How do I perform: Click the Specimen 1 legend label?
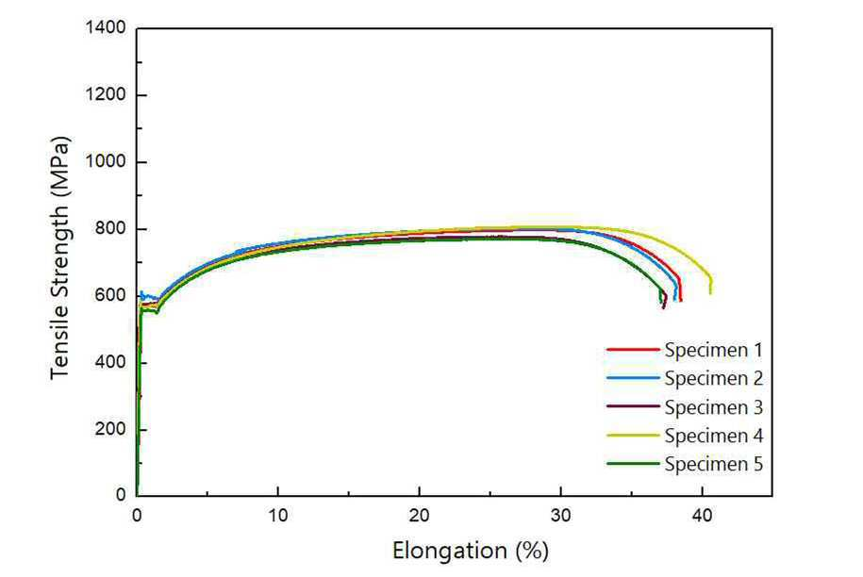point(713,350)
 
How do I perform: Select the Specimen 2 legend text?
point(713,378)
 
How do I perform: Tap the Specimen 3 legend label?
point(713,407)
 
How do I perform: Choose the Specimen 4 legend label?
point(713,436)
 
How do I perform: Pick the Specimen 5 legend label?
point(713,464)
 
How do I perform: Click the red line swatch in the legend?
point(633,349)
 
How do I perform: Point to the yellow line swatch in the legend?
point(633,435)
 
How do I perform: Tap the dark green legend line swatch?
point(633,464)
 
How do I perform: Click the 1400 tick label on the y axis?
point(106,27)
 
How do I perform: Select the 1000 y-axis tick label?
point(106,162)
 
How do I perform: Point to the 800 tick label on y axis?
point(110,228)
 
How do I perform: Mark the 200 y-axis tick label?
point(110,428)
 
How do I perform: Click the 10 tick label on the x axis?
point(278,516)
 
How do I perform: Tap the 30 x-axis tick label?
point(561,516)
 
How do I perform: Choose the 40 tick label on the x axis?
point(703,516)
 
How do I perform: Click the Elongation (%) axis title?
point(471,551)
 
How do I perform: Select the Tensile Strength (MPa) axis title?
point(60,258)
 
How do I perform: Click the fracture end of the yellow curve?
point(710,293)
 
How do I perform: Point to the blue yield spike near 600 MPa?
point(141,292)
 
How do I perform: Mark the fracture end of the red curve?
point(681,301)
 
